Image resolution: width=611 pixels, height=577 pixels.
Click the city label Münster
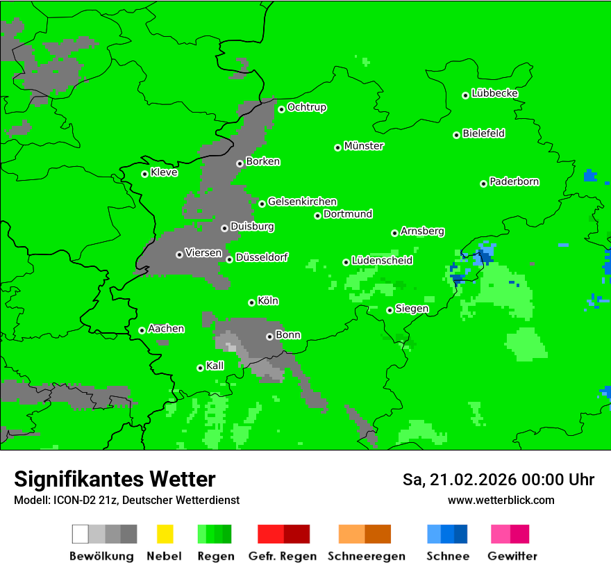(364, 146)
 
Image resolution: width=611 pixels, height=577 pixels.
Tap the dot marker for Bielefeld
(457, 135)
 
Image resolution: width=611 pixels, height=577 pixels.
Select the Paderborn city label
(514, 181)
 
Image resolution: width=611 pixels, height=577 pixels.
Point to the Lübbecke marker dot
(466, 95)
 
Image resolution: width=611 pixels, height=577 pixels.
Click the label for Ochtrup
(307, 108)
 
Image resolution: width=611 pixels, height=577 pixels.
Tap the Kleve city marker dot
(145, 174)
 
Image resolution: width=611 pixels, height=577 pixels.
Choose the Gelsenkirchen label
(302, 202)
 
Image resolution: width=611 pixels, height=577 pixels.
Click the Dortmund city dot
(318, 216)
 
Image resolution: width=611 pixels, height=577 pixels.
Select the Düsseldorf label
(262, 257)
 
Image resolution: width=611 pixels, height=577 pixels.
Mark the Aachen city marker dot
(142, 330)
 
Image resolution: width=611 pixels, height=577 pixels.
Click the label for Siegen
(412, 309)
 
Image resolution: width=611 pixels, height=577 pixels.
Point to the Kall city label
(215, 366)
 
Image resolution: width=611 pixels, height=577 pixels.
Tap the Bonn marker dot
(270, 336)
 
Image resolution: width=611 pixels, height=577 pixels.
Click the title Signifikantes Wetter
(115, 479)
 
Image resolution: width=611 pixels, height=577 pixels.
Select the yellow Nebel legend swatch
(165, 534)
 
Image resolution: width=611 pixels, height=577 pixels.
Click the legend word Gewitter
(512, 556)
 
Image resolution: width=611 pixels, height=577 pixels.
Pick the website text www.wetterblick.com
(501, 500)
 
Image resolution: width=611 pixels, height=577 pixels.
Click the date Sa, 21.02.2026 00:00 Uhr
(498, 480)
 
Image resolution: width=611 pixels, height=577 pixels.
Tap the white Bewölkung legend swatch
(81, 534)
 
